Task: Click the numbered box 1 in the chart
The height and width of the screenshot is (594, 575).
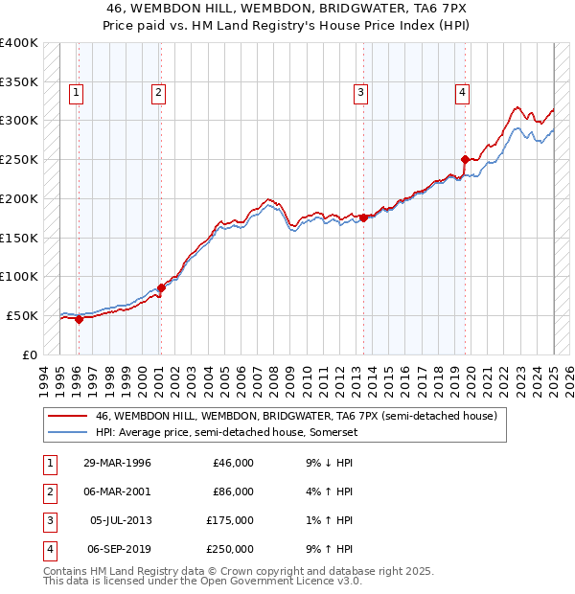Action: coord(76,93)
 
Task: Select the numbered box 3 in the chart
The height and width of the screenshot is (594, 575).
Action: coord(360,93)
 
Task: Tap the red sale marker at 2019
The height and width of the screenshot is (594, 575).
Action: coord(465,159)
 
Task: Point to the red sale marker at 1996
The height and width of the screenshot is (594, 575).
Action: coord(79,320)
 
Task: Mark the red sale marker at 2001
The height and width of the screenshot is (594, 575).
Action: coord(161,287)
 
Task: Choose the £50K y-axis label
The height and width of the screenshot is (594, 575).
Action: coord(22,315)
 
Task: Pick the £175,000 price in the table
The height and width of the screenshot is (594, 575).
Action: coord(232,520)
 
